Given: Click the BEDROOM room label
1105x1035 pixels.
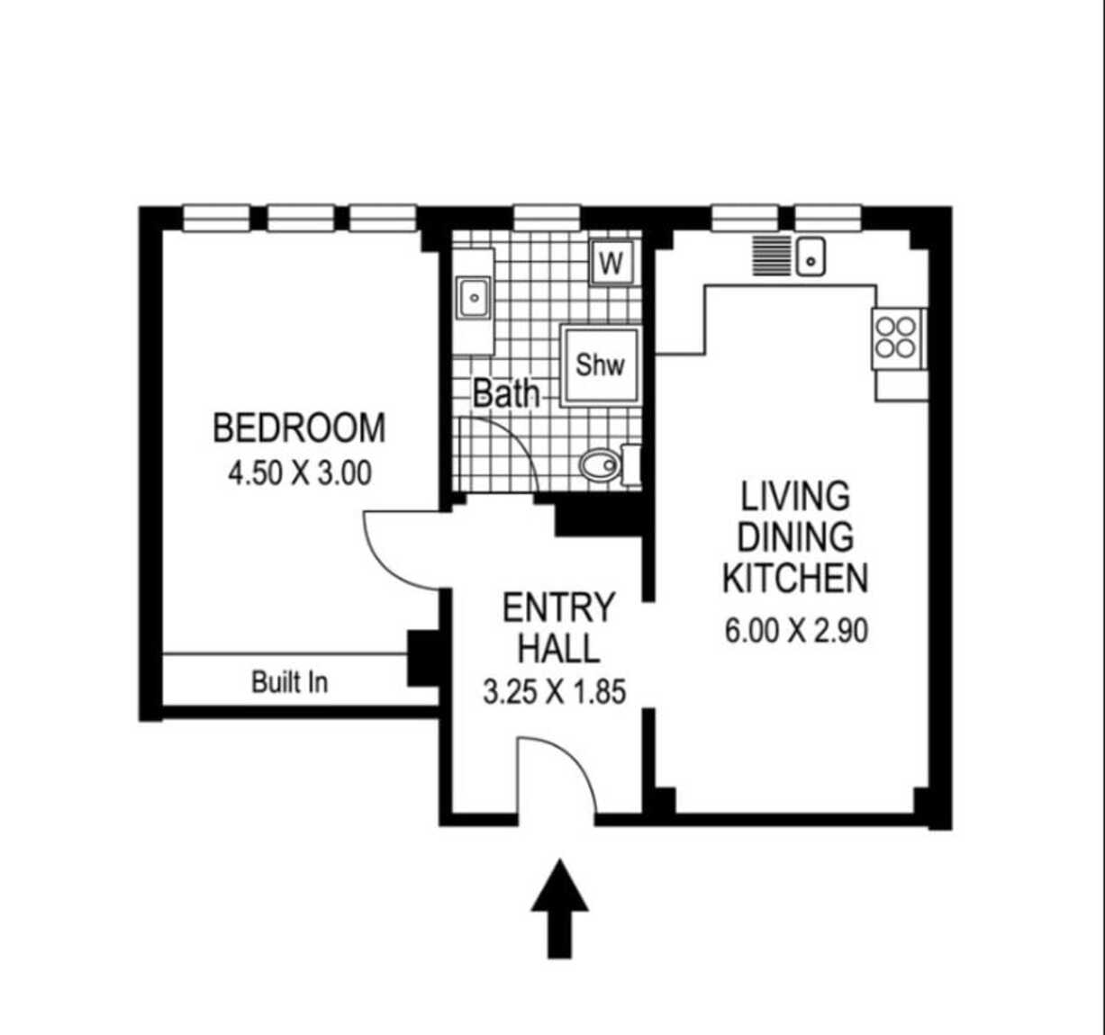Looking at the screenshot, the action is click(x=299, y=427).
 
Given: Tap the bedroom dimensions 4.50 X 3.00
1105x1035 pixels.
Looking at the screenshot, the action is click(x=299, y=473).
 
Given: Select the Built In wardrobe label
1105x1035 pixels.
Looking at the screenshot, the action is click(x=289, y=682).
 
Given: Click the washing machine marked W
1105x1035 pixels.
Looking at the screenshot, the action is click(x=611, y=263).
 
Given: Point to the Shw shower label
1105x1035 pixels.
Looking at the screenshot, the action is click(x=600, y=365).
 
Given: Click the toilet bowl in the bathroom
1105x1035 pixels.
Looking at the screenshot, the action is click(x=600, y=465).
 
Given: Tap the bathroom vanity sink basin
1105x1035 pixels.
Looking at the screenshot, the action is click(x=474, y=298).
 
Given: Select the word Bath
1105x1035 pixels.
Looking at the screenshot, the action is click(x=506, y=394).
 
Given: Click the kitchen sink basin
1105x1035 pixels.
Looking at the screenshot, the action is click(x=811, y=256).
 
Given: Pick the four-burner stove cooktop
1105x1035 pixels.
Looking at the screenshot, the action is click(x=896, y=338).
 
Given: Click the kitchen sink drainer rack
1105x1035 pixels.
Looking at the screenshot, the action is click(x=772, y=256).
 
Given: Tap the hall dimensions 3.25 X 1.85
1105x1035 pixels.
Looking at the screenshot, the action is click(x=555, y=692).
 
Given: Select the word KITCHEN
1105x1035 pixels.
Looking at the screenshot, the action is click(x=795, y=579).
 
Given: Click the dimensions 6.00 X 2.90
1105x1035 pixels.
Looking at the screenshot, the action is click(x=796, y=631).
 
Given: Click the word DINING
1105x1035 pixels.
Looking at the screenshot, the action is click(x=795, y=536).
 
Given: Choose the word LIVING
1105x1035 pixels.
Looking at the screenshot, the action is click(x=795, y=496).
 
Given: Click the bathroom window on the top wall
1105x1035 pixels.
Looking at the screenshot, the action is click(x=547, y=218).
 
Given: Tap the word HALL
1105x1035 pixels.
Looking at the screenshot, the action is click(x=558, y=649).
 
